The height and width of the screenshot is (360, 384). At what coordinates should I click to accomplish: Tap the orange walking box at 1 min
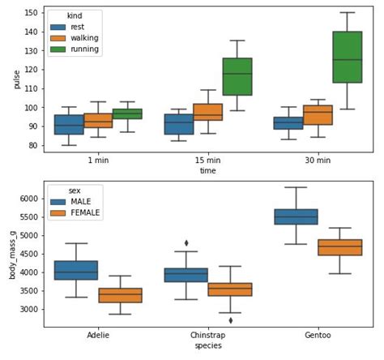98,120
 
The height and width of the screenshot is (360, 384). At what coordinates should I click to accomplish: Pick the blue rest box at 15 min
178,124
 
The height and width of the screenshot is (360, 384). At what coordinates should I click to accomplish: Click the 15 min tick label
208,161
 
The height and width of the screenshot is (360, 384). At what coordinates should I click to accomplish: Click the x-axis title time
208,171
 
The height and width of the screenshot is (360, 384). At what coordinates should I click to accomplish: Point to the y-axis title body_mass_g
12,254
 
